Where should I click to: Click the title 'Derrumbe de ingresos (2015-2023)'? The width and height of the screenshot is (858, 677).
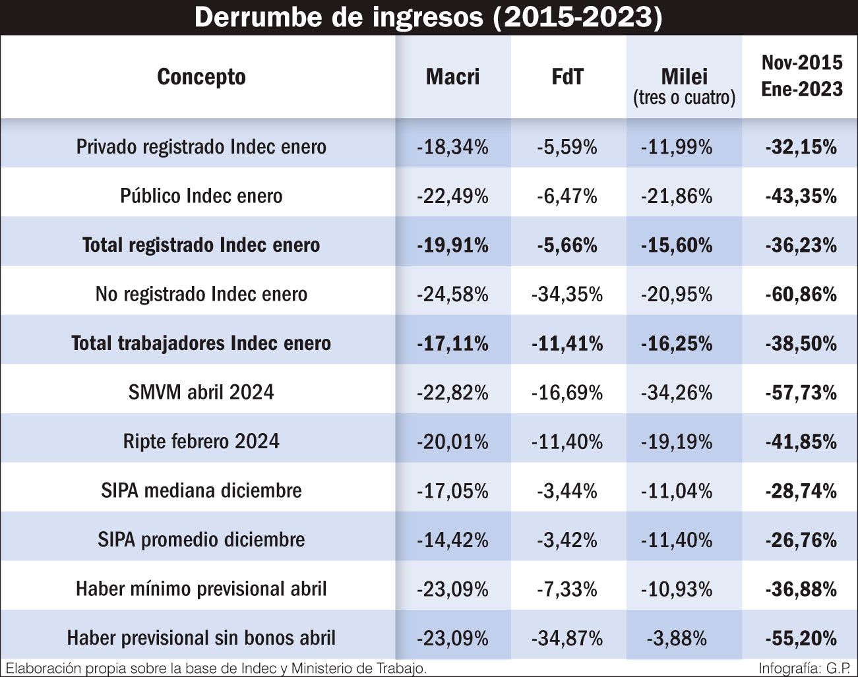point(428,18)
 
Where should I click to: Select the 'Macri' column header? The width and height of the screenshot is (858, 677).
point(452,76)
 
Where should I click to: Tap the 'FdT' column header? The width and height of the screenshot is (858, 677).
point(567,76)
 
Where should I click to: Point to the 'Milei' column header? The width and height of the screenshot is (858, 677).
point(684,76)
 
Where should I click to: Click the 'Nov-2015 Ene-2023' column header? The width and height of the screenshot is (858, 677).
point(801,76)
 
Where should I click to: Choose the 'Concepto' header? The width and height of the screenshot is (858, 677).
point(201,76)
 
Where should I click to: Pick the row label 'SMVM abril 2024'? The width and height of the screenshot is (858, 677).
point(201,392)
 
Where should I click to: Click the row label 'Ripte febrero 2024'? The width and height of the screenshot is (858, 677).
point(201,441)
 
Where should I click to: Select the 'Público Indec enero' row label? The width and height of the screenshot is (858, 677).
point(201,196)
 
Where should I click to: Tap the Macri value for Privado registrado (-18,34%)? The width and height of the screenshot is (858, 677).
point(452,146)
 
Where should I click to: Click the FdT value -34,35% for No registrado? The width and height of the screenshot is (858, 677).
point(567,294)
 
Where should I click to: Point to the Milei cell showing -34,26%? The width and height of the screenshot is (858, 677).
point(677,392)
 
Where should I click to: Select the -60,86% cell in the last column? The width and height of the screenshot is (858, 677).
point(801,294)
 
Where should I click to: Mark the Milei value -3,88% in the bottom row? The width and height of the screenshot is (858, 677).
point(677,638)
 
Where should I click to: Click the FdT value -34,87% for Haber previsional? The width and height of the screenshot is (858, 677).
point(567,638)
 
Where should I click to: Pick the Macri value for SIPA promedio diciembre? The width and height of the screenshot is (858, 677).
point(452,540)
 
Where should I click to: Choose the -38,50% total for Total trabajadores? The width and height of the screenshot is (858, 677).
point(801,343)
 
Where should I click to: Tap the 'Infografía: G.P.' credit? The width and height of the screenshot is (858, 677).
point(804,668)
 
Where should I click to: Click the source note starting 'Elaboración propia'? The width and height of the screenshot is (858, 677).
point(216,668)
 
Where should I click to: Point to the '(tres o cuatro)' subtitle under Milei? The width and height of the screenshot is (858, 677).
point(684,98)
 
